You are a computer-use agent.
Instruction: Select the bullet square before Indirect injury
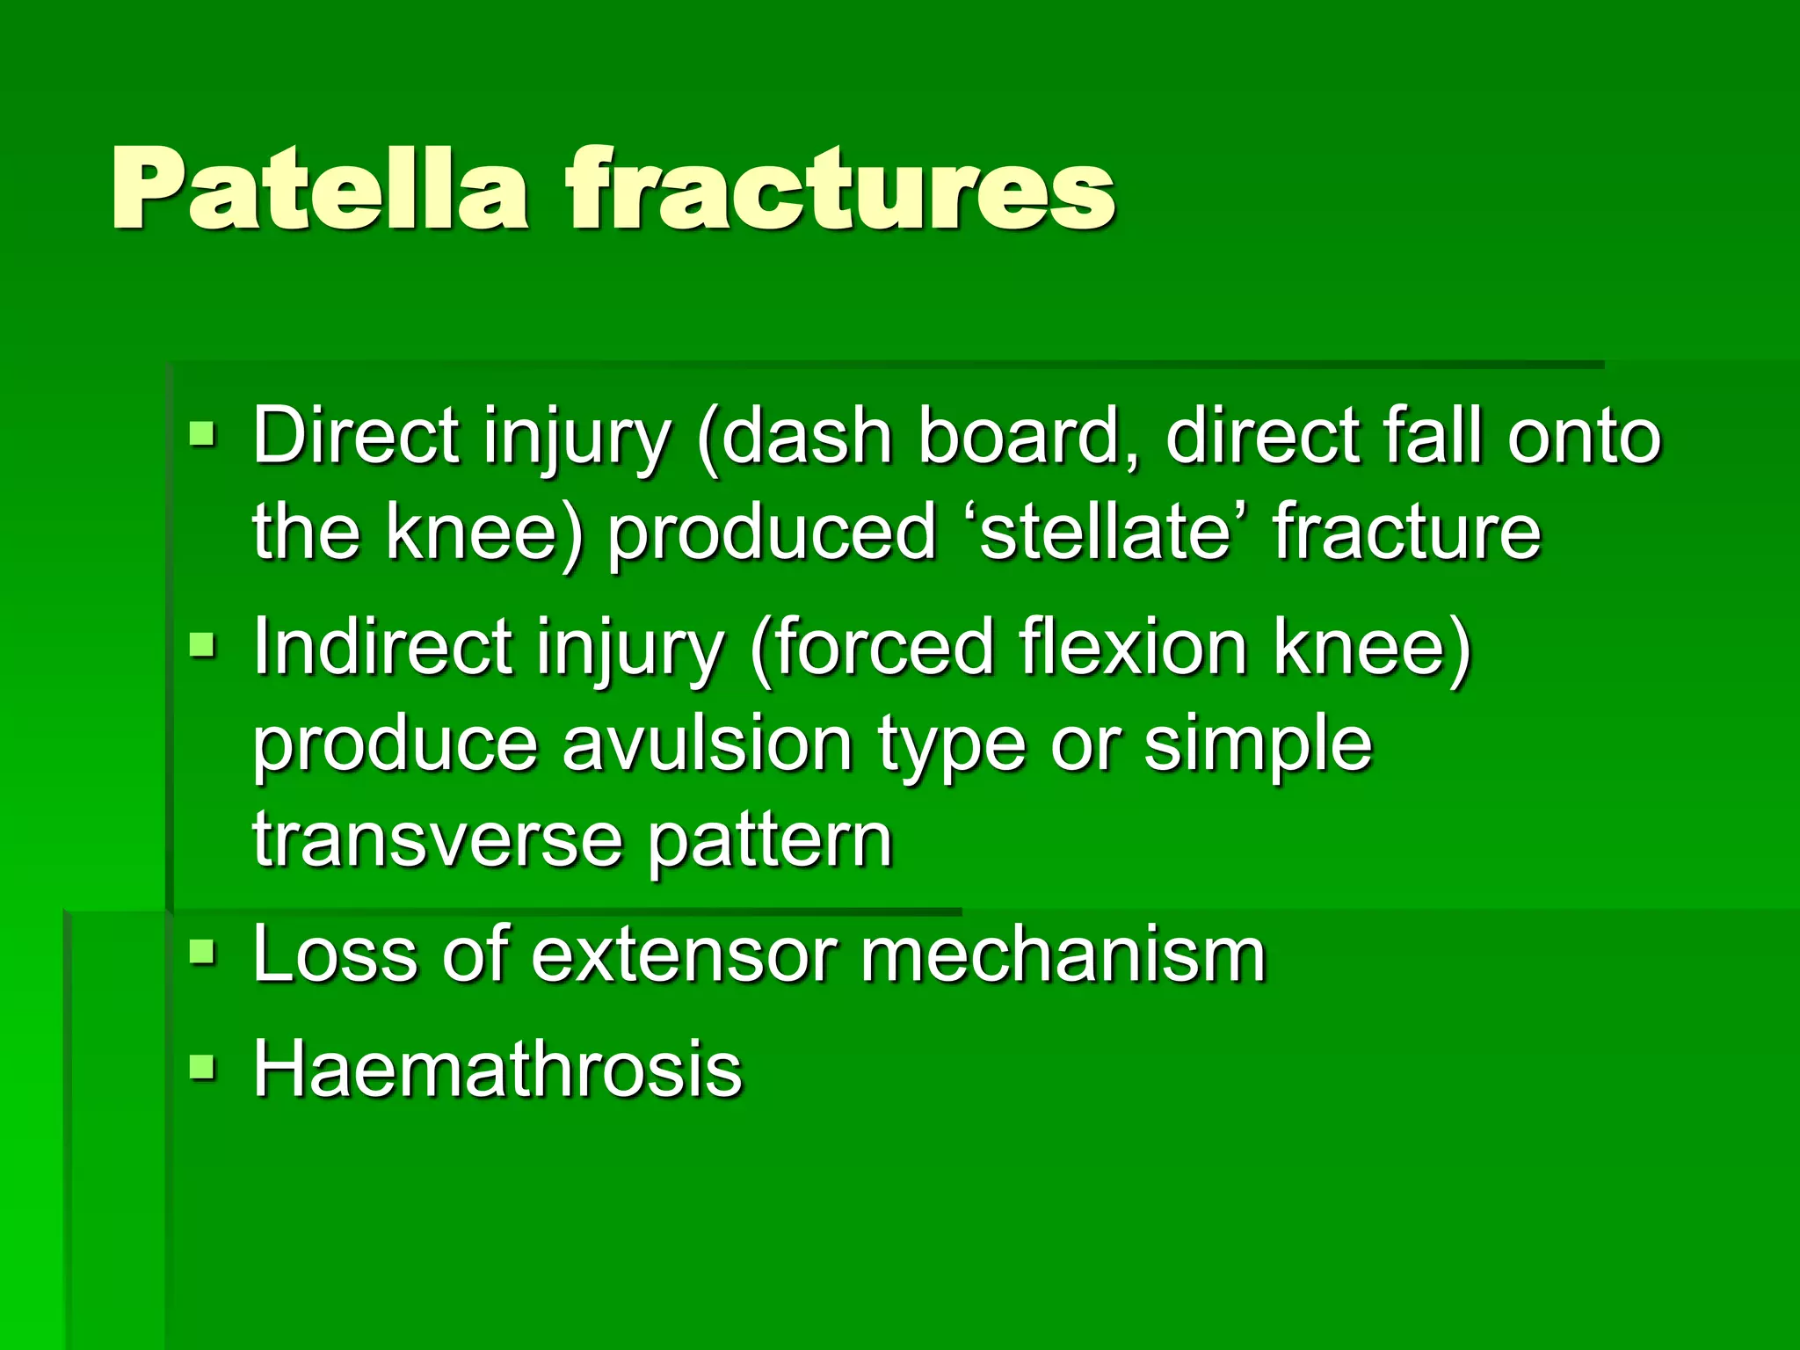click(202, 645)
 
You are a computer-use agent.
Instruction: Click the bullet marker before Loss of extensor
click(202, 952)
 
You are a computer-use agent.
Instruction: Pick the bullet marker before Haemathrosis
click(202, 1067)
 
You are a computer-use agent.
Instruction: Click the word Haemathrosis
click(497, 1069)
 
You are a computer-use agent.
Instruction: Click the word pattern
click(771, 842)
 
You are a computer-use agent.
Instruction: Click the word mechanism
click(1063, 954)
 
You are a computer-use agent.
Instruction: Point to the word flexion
click(1133, 647)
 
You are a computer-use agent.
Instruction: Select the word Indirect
click(383, 647)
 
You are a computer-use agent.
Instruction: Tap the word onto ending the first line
click(1583, 436)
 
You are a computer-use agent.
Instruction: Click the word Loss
click(335, 954)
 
